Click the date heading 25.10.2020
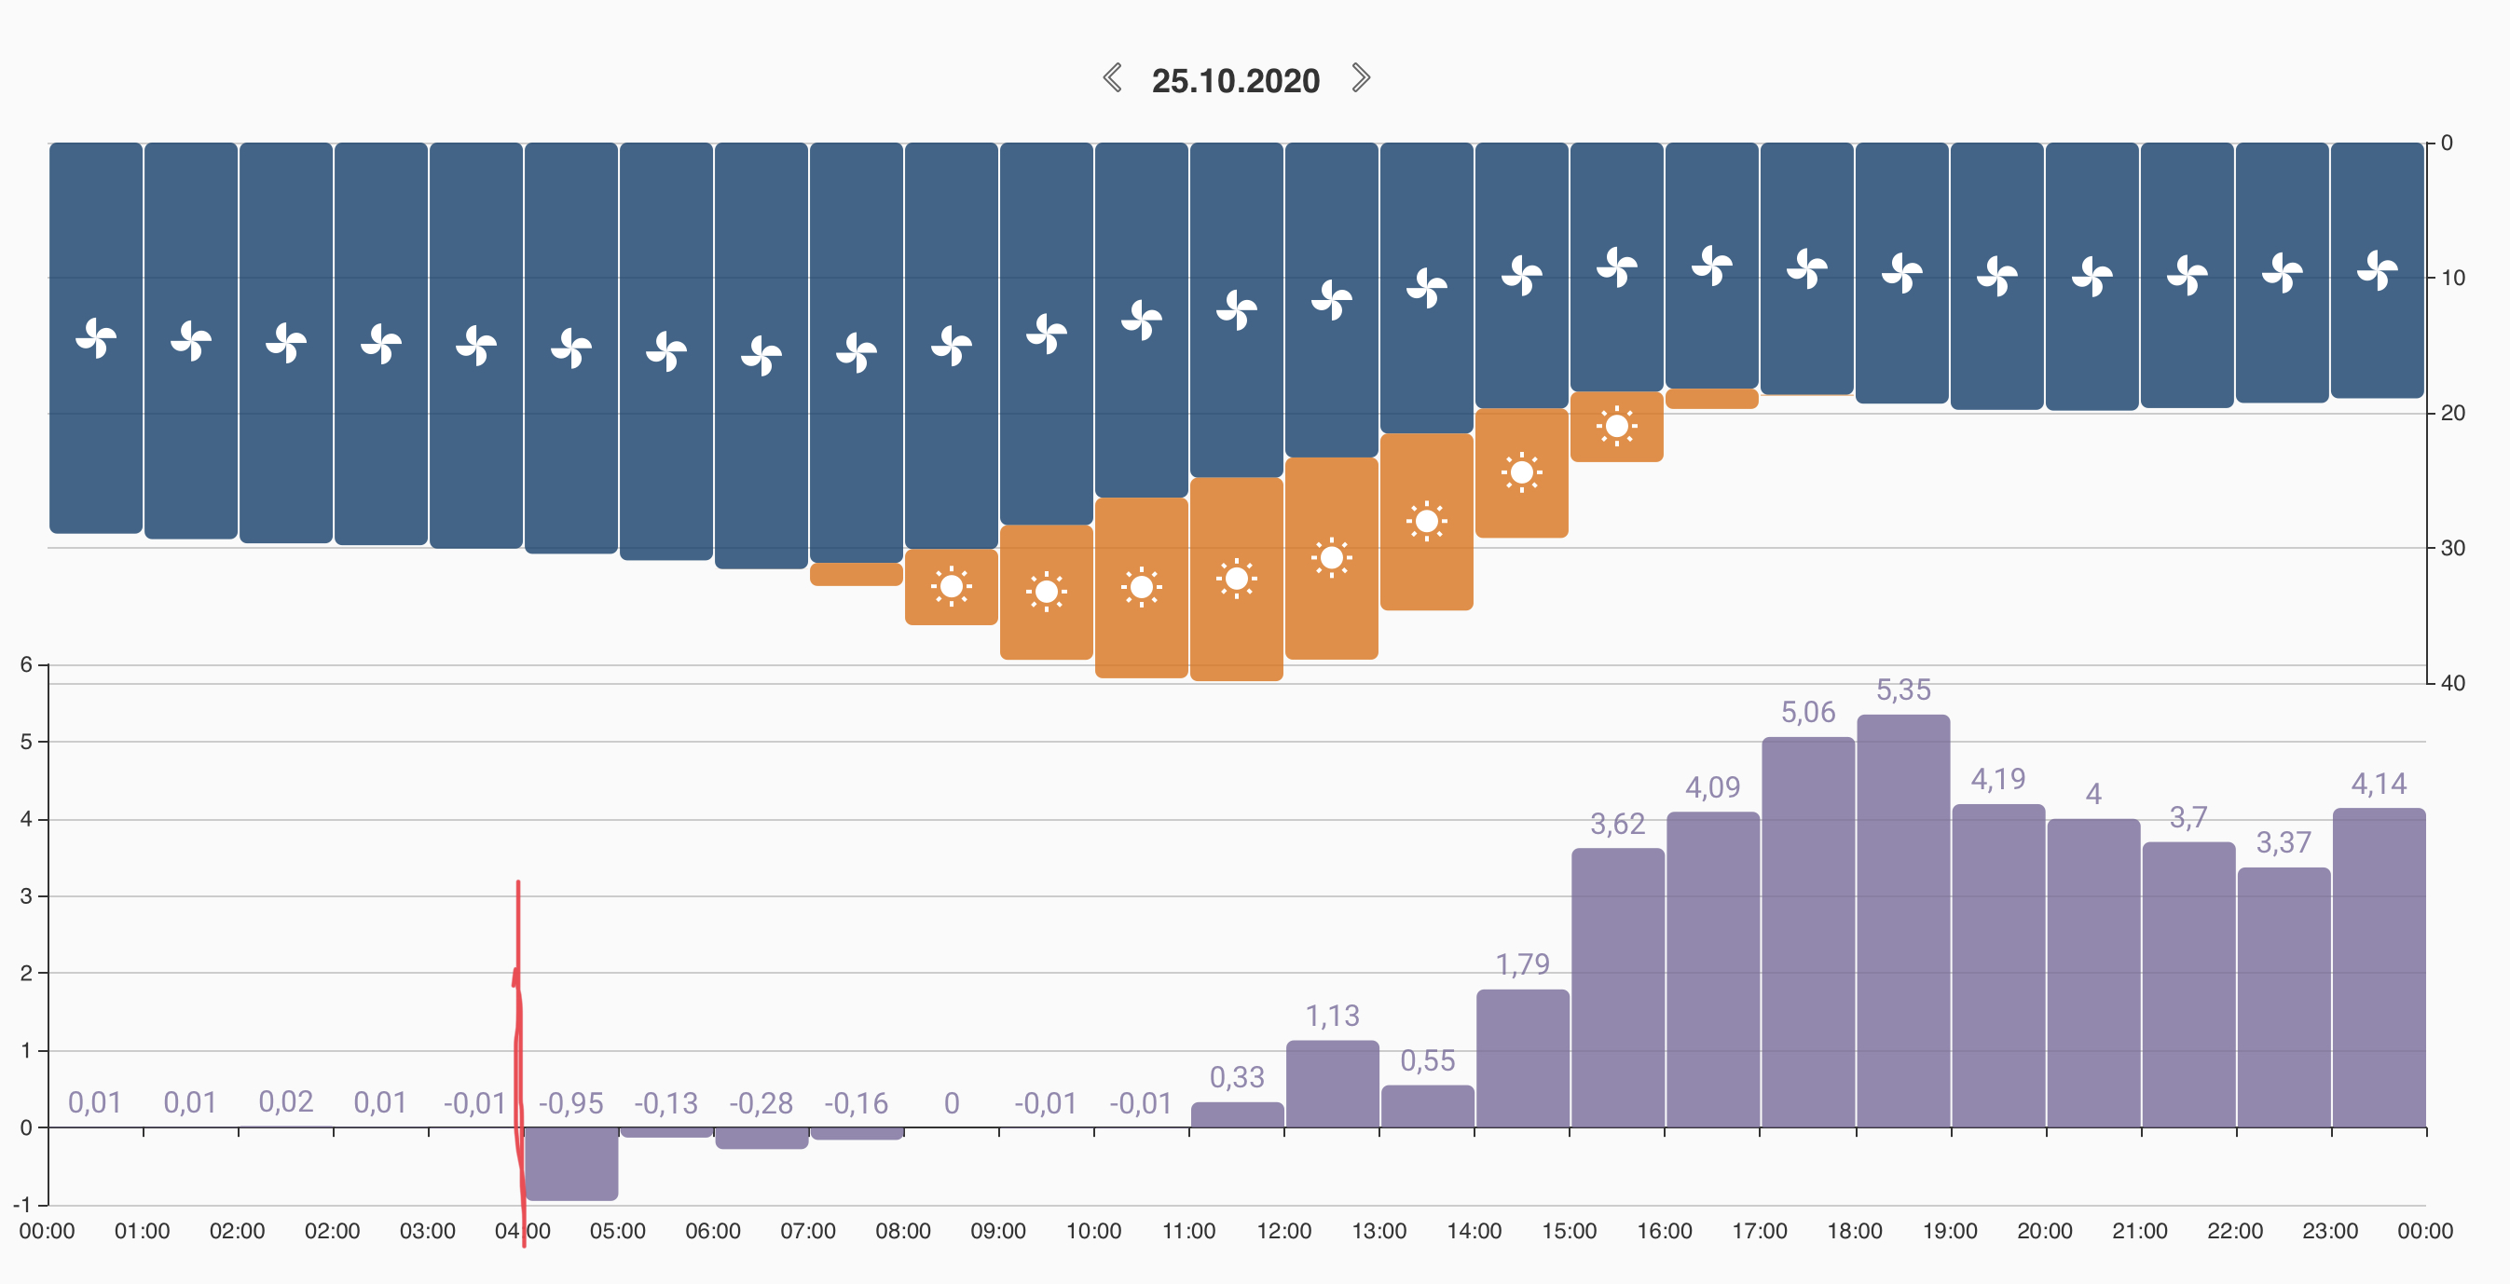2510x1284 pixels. point(1235,81)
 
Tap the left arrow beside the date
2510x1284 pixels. point(1112,77)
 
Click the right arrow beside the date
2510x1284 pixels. point(1361,77)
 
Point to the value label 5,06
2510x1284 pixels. point(1807,712)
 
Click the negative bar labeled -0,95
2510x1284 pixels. point(572,1163)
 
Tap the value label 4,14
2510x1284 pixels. point(2379,785)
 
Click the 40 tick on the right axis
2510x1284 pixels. point(2452,684)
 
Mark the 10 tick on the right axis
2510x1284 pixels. point(2452,279)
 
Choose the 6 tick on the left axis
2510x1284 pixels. point(26,665)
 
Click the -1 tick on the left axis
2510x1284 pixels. point(22,1205)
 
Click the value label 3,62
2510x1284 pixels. point(1617,825)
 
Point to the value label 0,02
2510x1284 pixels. point(285,1101)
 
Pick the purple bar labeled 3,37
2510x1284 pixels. point(2283,998)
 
